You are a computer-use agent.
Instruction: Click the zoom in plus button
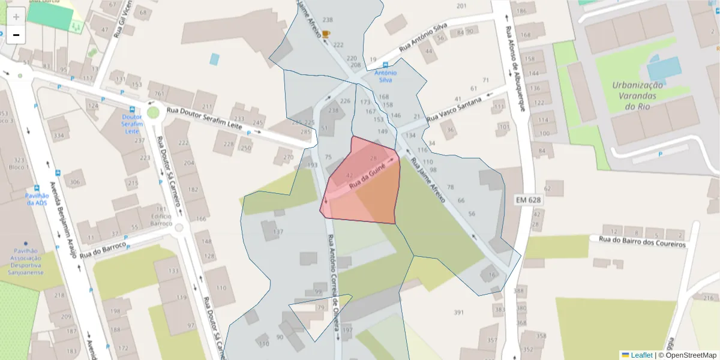tap(16, 17)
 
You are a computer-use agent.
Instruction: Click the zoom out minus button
tap(16, 35)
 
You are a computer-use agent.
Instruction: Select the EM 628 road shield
tap(528, 199)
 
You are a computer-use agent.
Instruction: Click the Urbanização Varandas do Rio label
tap(637, 95)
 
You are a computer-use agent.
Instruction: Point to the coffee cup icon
tap(325, 34)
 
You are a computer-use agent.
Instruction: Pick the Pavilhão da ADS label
tap(36, 199)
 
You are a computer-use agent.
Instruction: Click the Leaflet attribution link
tap(641, 355)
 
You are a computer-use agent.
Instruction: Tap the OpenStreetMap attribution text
tap(687, 355)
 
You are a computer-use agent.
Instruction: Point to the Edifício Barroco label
tap(161, 219)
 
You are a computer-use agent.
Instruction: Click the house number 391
tap(459, 313)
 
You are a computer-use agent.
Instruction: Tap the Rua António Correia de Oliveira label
tap(335, 282)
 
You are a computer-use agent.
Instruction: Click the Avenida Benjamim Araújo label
tap(64, 219)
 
